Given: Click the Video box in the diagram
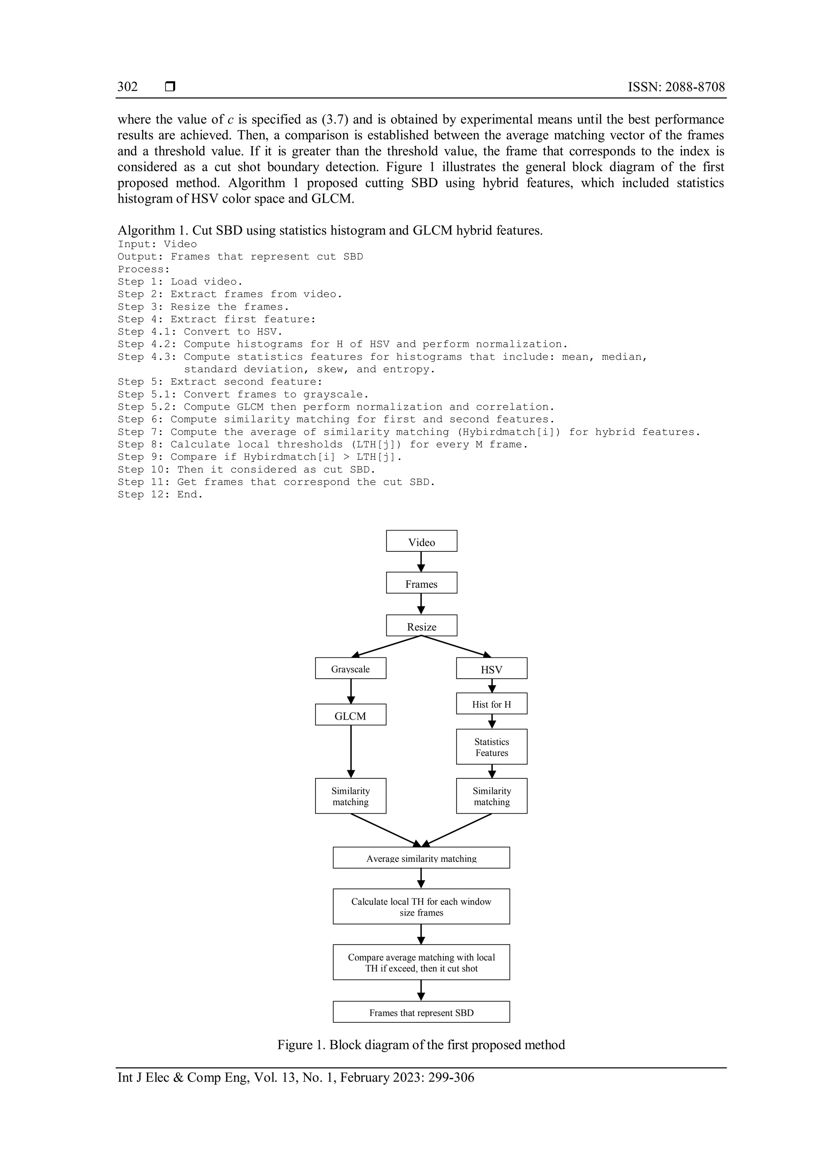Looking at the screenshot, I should coord(421,541).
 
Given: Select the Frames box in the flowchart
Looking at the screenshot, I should coord(421,583).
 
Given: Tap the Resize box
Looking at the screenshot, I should coord(421,626).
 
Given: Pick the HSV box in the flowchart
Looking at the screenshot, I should coord(491,668).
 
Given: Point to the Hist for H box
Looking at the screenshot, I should coord(491,704).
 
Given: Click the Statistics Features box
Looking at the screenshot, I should coord(491,747).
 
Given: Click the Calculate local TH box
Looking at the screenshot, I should coord(421,906).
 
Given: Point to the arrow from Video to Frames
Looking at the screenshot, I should coord(421,562).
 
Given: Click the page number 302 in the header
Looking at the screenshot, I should coord(128,87).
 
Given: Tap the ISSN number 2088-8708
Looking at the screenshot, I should coord(695,87).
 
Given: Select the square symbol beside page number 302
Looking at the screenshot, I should coord(170,87).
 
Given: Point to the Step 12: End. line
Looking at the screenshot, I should coord(160,494).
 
